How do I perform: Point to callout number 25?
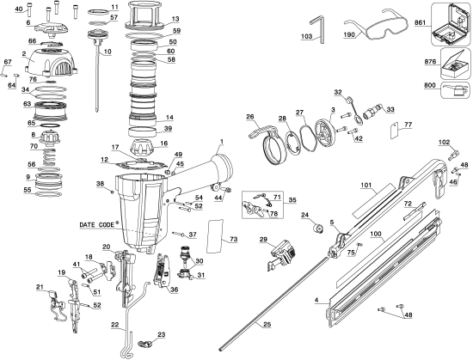pos(267,323)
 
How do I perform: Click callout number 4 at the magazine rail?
pos(318,300)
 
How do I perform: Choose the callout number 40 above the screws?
pos(20,9)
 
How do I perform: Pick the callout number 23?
pos(161,333)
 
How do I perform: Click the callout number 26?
pos(250,118)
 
